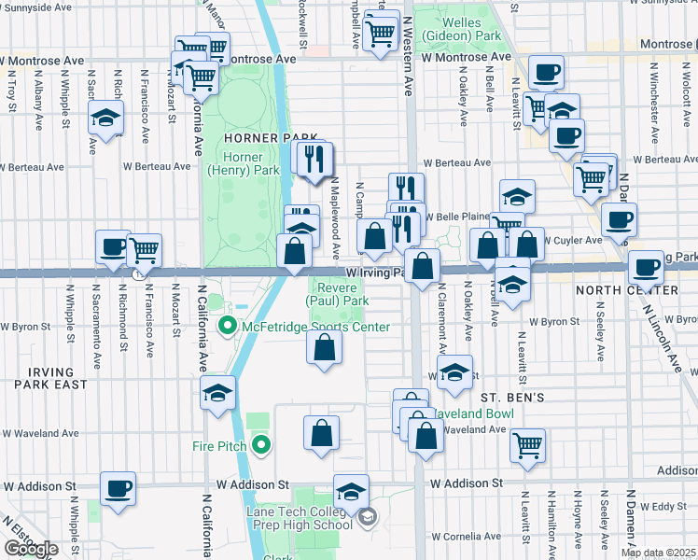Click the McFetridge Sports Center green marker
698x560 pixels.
click(x=225, y=327)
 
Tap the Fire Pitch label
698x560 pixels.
click(x=217, y=445)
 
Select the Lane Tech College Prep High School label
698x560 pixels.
click(x=299, y=524)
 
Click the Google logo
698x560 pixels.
click(x=31, y=550)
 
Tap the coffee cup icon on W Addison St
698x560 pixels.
click(x=118, y=488)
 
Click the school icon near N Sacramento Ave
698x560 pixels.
click(x=106, y=119)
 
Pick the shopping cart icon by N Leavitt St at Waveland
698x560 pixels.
click(x=528, y=444)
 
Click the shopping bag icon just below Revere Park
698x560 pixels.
click(x=324, y=347)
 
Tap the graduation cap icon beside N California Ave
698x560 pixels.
click(x=217, y=393)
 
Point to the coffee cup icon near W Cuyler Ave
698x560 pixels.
click(x=619, y=220)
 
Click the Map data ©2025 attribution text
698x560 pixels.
click(x=658, y=553)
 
